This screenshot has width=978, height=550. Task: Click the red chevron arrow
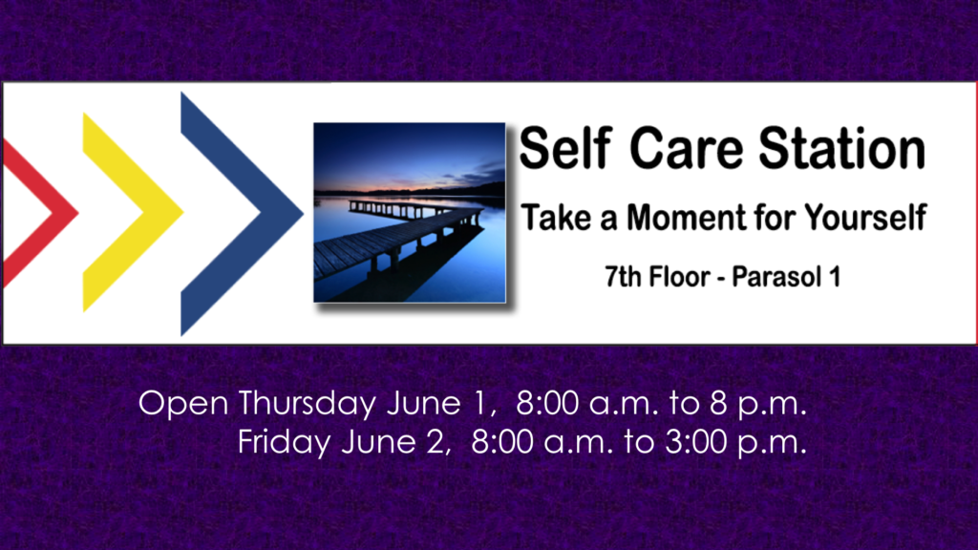pyautogui.click(x=62, y=212)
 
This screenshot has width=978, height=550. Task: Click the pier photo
pyautogui.click(x=409, y=213)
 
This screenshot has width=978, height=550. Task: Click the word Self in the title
pyautogui.click(x=564, y=148)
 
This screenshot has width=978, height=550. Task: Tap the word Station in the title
pyautogui.click(x=842, y=148)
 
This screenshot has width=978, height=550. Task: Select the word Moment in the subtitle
pyautogui.click(x=686, y=217)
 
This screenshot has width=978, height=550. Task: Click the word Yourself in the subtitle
pyautogui.click(x=865, y=217)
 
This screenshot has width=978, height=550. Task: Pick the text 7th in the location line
pyautogui.click(x=623, y=276)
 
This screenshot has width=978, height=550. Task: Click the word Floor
pyautogui.click(x=679, y=276)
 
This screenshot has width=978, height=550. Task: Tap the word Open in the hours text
pyautogui.click(x=183, y=404)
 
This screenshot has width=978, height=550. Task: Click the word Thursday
pyautogui.click(x=307, y=404)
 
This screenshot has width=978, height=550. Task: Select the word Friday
pyautogui.click(x=284, y=443)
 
